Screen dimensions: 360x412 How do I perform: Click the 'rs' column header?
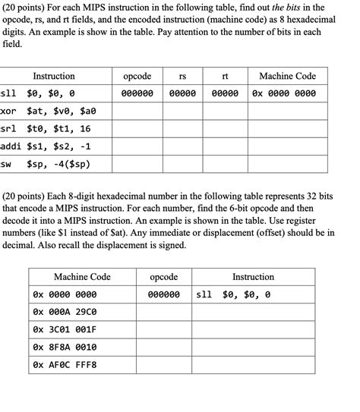coord(182,76)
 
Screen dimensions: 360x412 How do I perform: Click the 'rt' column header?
coord(225,76)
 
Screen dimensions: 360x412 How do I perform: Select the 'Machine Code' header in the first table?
coord(287,76)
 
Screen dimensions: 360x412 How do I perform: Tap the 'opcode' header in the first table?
coord(137,76)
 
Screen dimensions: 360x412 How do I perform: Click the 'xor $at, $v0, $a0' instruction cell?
coord(49,111)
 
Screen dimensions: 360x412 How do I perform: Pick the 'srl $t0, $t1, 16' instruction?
coord(46,128)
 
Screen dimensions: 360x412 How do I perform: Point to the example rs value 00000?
coord(182,93)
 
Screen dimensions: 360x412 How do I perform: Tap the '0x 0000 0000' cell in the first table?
coord(287,93)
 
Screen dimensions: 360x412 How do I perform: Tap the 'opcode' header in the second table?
coord(163,277)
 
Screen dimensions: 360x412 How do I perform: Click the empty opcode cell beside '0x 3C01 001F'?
coord(163,329)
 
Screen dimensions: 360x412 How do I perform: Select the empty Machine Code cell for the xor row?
coord(287,111)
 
